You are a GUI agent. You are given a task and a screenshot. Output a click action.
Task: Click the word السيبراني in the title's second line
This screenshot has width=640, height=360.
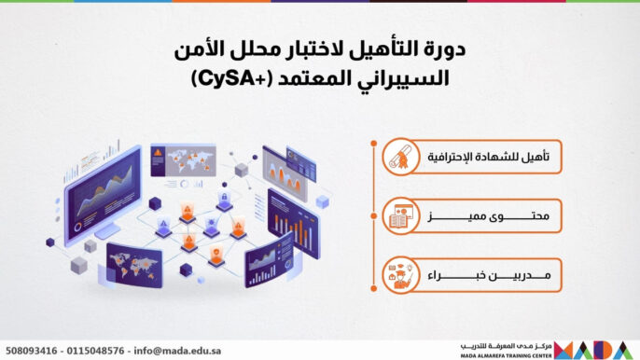coord(406,81)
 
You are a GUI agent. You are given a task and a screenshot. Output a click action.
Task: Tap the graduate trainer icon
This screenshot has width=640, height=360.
coord(403,275)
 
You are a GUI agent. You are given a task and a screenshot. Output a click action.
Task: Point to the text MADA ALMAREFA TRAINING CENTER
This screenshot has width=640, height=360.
coord(505,355)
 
